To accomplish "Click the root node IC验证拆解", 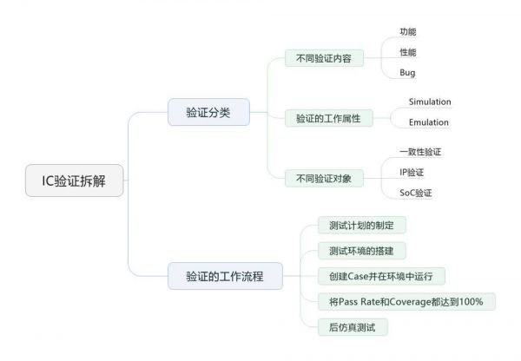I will tap(76, 183).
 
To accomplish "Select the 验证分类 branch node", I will tap(208, 113).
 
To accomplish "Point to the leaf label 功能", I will tap(408, 32).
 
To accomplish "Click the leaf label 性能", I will tap(408, 52).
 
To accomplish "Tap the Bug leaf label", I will tap(408, 73).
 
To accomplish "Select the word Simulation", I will tap(430, 102).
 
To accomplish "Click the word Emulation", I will tap(429, 122).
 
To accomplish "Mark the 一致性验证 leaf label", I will tap(420, 151).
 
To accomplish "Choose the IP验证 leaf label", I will tap(412, 172).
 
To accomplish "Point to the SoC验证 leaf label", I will tap(415, 193).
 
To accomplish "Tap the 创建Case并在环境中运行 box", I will tap(381, 276).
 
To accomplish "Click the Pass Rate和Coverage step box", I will tap(406, 302).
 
